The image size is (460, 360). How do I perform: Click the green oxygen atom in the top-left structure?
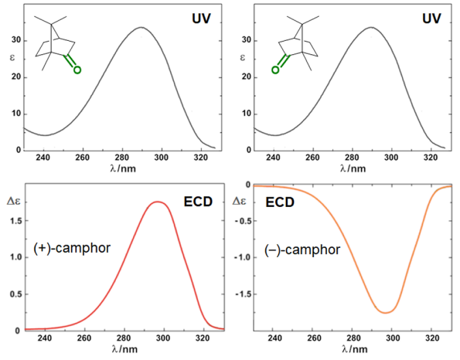click(x=77, y=70)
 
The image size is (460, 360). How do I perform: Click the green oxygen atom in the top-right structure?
click(x=275, y=70)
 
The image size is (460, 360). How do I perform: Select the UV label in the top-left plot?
click(x=201, y=19)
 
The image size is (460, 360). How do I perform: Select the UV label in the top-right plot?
click(x=431, y=19)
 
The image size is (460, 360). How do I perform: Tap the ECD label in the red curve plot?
click(x=198, y=202)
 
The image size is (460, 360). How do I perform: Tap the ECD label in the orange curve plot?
click(x=280, y=202)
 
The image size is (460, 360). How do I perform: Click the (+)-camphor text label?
click(x=72, y=248)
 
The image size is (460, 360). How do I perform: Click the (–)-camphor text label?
click(x=302, y=250)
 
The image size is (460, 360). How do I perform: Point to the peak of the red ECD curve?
click(x=158, y=202)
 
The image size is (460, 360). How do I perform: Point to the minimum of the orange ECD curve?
click(x=386, y=313)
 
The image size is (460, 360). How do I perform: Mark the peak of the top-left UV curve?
click(x=141, y=27)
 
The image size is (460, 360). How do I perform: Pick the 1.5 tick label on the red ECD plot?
click(x=16, y=221)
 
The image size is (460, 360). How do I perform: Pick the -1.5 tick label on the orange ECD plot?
click(x=244, y=294)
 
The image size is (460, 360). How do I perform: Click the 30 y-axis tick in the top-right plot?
click(x=247, y=40)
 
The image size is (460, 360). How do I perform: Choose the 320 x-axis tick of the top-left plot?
click(x=201, y=158)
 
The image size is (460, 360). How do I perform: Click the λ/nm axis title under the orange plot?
click(x=354, y=349)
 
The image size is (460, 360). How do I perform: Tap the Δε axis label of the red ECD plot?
click(x=14, y=201)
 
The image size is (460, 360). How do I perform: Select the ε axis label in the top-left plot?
click(x=12, y=57)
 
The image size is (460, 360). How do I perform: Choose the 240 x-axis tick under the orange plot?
click(x=274, y=338)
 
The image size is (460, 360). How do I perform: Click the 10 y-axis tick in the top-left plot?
click(x=17, y=114)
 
